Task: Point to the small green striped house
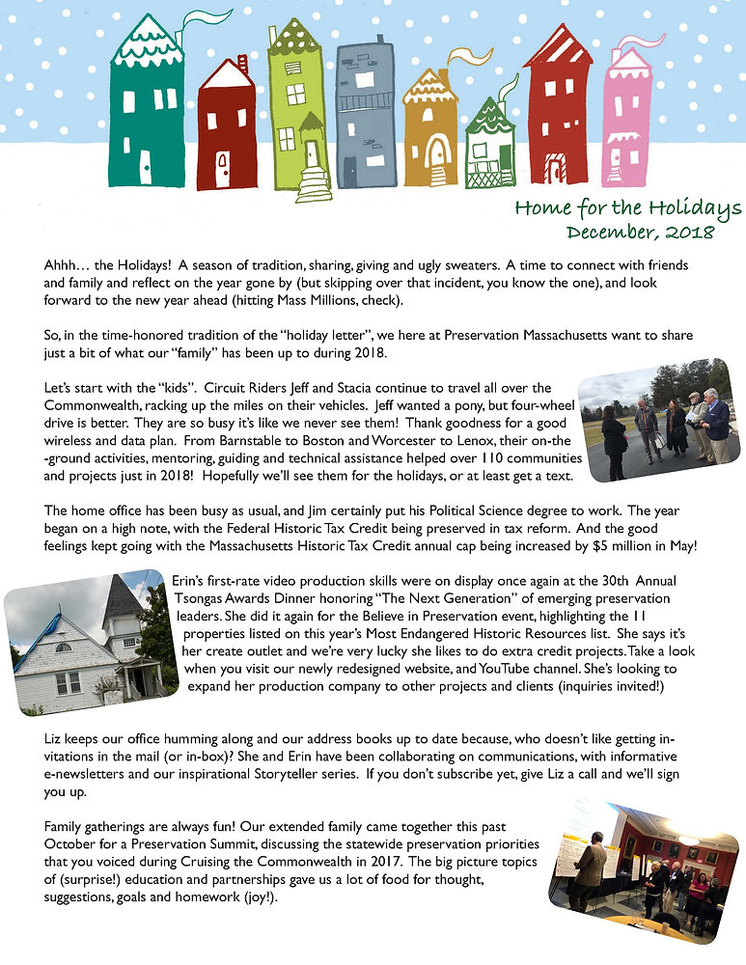pyautogui.click(x=490, y=150)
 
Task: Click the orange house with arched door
pyautogui.click(x=431, y=130)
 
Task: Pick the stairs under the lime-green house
pyautogui.click(x=314, y=183)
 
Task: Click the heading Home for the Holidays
pyautogui.click(x=627, y=208)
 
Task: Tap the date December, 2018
pyautogui.click(x=640, y=233)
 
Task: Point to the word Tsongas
pyautogui.click(x=197, y=596)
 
